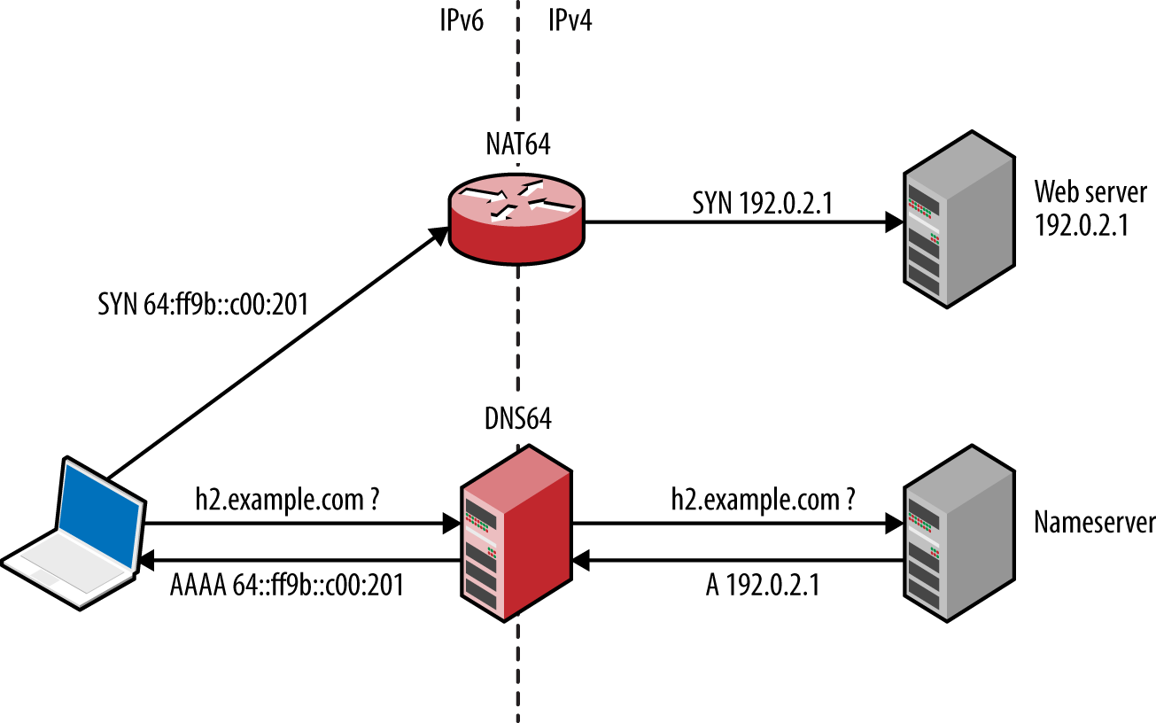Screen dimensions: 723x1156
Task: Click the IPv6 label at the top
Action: [462, 21]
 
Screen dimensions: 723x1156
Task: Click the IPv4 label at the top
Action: [570, 21]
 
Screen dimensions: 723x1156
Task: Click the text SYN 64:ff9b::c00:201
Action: [203, 305]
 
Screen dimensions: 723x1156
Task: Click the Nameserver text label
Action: [1094, 523]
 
